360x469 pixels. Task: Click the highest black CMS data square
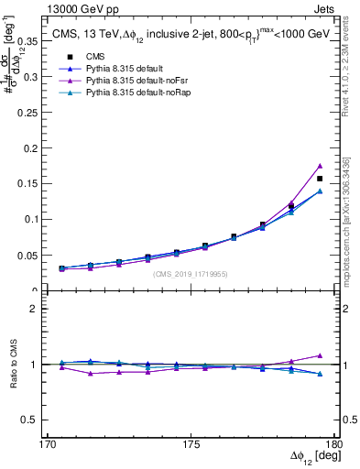(x=320, y=179)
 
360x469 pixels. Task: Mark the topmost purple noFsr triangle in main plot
(x=320, y=166)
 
